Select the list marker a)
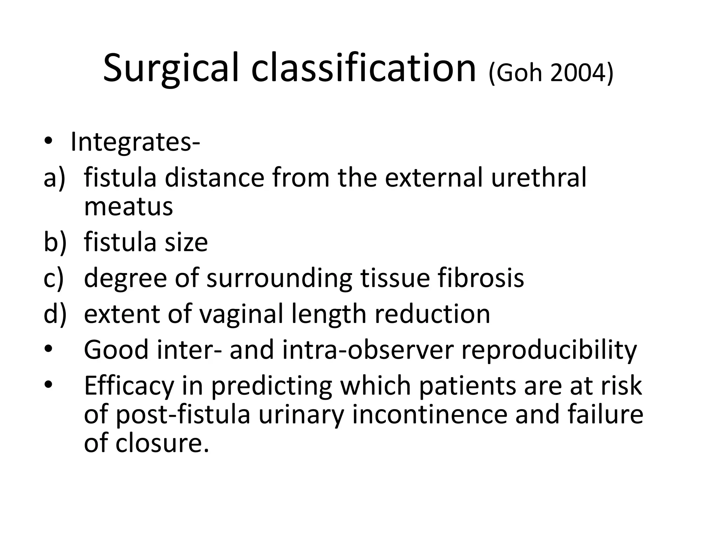click(x=55, y=178)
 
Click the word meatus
click(x=128, y=207)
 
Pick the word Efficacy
click(x=129, y=386)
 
